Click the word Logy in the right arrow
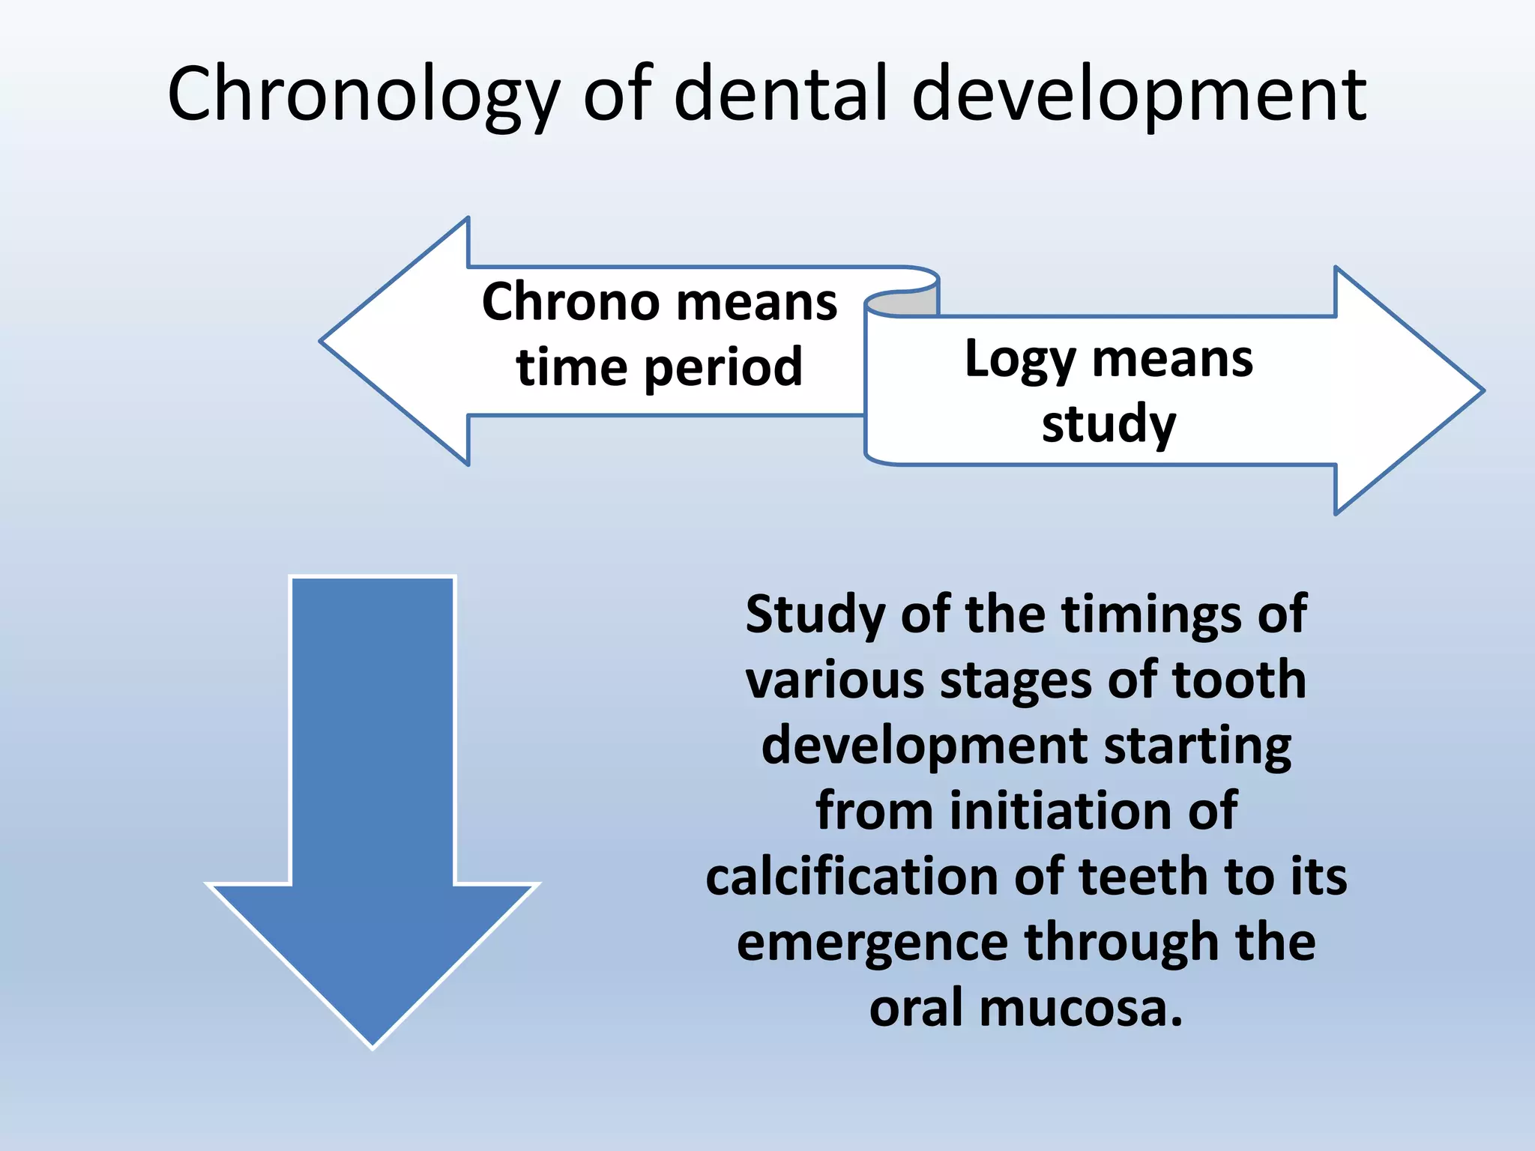click(1019, 360)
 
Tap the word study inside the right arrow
click(1109, 424)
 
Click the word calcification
click(851, 877)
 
